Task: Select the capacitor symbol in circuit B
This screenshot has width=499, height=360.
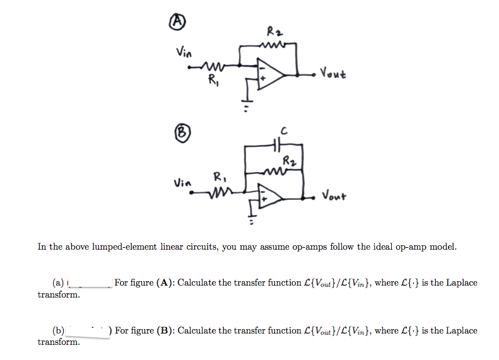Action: pyautogui.click(x=277, y=144)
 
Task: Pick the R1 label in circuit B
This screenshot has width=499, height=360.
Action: pyautogui.click(x=218, y=176)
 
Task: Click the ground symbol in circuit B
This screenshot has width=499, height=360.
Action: pyautogui.click(x=252, y=221)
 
